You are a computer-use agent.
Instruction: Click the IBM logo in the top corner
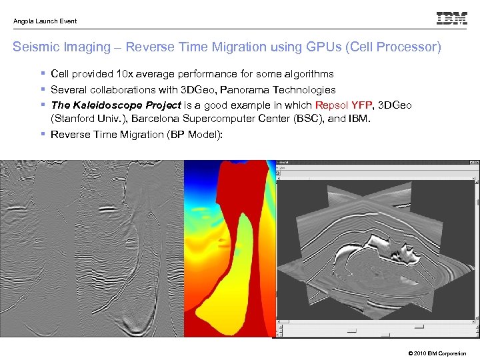coord(452,19)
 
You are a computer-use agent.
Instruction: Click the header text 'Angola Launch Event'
coord(45,21)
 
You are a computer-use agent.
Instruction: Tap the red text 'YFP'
coord(363,105)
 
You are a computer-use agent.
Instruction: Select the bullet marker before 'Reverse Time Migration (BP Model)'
coord(43,134)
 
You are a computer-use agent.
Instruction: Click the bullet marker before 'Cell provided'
coord(43,74)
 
